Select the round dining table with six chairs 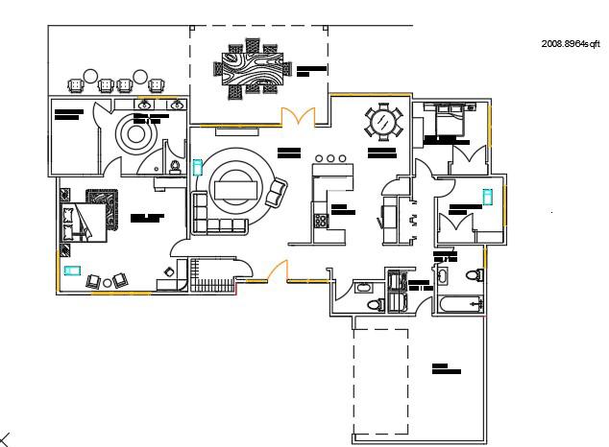pos(384,122)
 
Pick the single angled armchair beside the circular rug pos(277,194)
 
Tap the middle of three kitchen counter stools pos(331,157)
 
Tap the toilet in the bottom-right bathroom pos(474,276)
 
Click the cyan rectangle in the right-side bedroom pos(488,197)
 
